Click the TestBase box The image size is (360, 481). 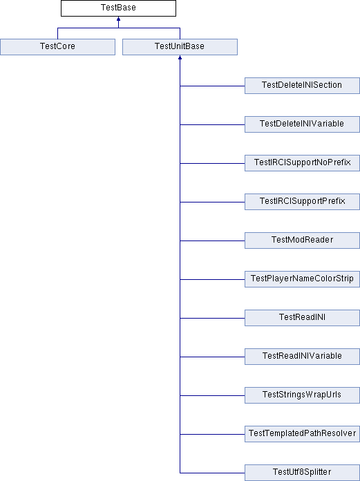tap(118, 8)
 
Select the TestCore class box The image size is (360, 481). tap(57, 47)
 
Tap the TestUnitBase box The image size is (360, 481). tap(180, 47)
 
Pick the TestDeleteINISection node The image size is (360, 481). tap(302, 86)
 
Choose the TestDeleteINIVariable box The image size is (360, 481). tap(302, 124)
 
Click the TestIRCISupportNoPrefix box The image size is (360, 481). tap(302, 163)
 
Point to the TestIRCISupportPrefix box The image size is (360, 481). tap(302, 202)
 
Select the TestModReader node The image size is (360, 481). tap(302, 240)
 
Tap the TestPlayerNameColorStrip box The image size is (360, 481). tap(302, 279)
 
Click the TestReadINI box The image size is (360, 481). tap(302, 317)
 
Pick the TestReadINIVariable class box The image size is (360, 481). tap(302, 356)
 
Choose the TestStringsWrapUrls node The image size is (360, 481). tap(302, 395)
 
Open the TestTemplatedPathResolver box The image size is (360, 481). tap(302, 433)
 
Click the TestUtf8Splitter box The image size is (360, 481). tap(302, 473)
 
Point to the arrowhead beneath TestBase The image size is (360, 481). tap(118, 19)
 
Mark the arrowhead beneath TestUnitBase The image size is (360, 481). tap(180, 57)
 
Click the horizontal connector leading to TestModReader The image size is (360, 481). tap(212, 240)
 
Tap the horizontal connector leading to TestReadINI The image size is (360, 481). tap(212, 318)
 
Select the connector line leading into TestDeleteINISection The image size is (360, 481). tap(212, 86)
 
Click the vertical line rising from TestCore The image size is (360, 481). tap(57, 33)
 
